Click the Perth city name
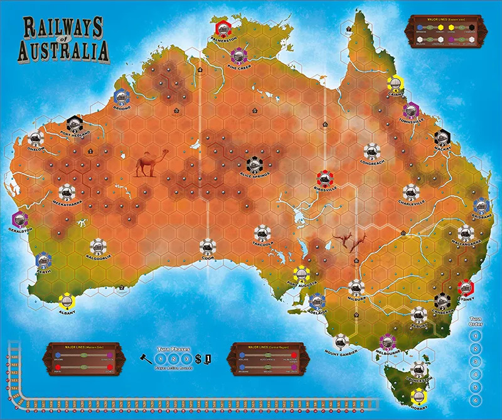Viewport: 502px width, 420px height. point(42,272)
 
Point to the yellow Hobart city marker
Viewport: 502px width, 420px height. point(419,395)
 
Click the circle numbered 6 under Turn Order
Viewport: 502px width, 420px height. point(476,401)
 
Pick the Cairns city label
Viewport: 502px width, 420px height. point(395,94)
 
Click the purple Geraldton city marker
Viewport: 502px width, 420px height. point(20,219)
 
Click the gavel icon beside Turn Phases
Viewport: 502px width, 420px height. point(145,358)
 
